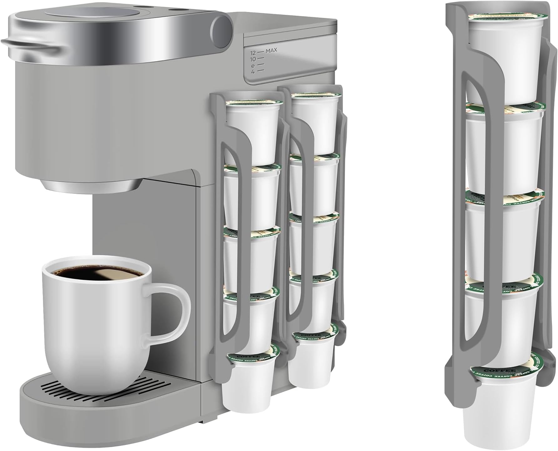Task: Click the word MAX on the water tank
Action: tap(271, 50)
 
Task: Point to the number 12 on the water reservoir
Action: tap(253, 53)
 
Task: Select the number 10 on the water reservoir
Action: tap(253, 59)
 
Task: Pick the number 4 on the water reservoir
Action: tap(253, 72)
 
